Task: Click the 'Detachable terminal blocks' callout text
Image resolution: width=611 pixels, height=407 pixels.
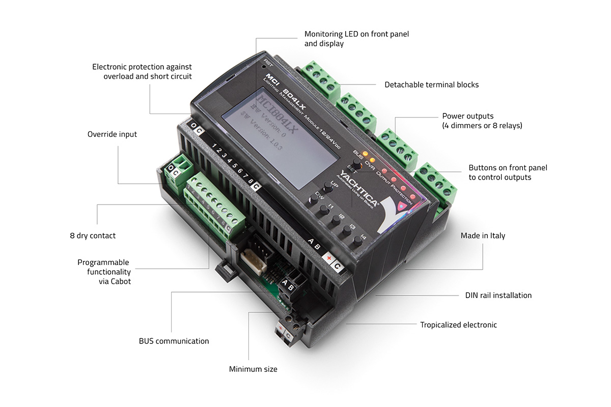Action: coord(431,84)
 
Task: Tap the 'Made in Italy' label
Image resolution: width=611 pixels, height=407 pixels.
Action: coord(483,236)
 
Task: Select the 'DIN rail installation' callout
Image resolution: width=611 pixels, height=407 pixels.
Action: coord(498,295)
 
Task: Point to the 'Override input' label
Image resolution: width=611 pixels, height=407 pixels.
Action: coord(112,134)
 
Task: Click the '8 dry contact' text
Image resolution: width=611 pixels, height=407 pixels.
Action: coord(93,236)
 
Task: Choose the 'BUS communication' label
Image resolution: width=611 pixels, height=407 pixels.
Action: coord(174,341)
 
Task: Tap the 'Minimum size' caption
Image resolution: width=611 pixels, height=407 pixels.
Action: coord(253,369)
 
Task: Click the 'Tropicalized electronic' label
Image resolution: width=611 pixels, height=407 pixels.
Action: coord(458,325)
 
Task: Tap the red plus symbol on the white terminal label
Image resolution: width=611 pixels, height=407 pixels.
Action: coord(329,259)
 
